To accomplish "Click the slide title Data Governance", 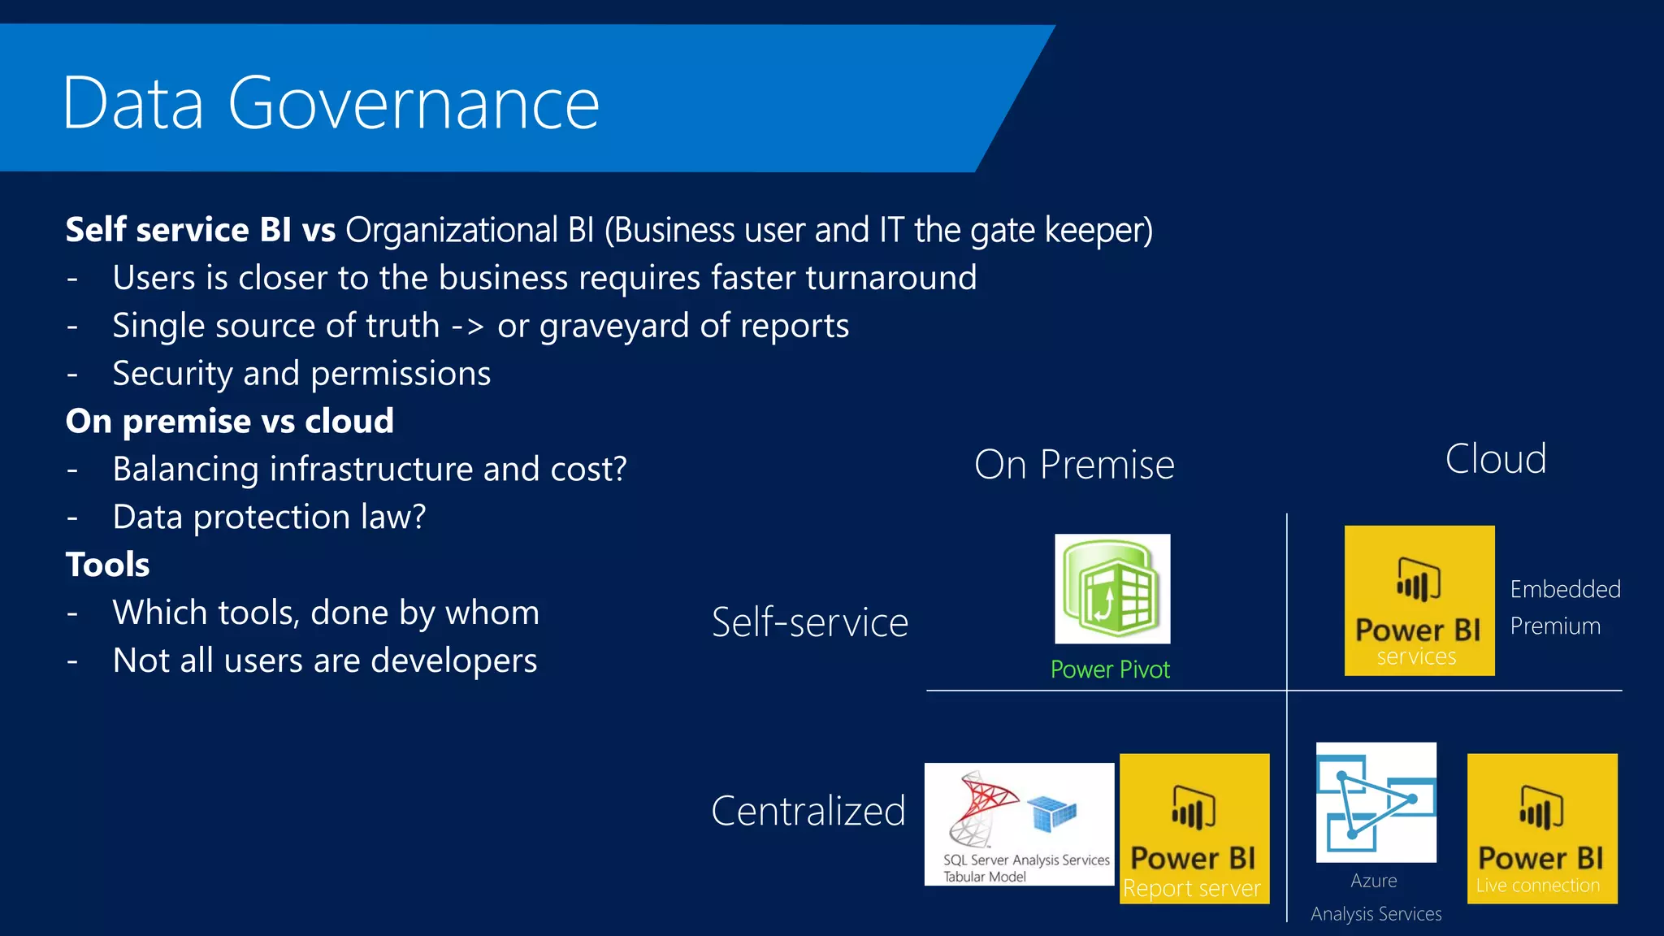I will [x=331, y=103].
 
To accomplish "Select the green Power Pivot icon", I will [x=1112, y=588].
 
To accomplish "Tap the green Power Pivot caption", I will [x=1110, y=669].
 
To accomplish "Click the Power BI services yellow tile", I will [x=1419, y=600].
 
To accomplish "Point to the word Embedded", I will [x=1565, y=589].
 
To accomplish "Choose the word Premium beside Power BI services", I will [x=1555, y=626].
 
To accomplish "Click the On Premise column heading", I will [x=1074, y=465].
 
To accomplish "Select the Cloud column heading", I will [x=1496, y=459].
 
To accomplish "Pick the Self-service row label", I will [x=810, y=622].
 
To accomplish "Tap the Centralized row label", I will [x=808, y=811].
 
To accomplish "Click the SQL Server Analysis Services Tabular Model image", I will [x=1019, y=824].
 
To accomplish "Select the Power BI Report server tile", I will [x=1194, y=828].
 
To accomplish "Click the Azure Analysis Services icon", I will [x=1376, y=802].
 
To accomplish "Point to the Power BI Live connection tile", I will [x=1541, y=828].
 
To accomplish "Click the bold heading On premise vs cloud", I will [x=230, y=421].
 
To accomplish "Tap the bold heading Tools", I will [x=108, y=565].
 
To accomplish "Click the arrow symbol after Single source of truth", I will [x=467, y=327].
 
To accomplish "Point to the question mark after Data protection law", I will [x=418, y=517].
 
